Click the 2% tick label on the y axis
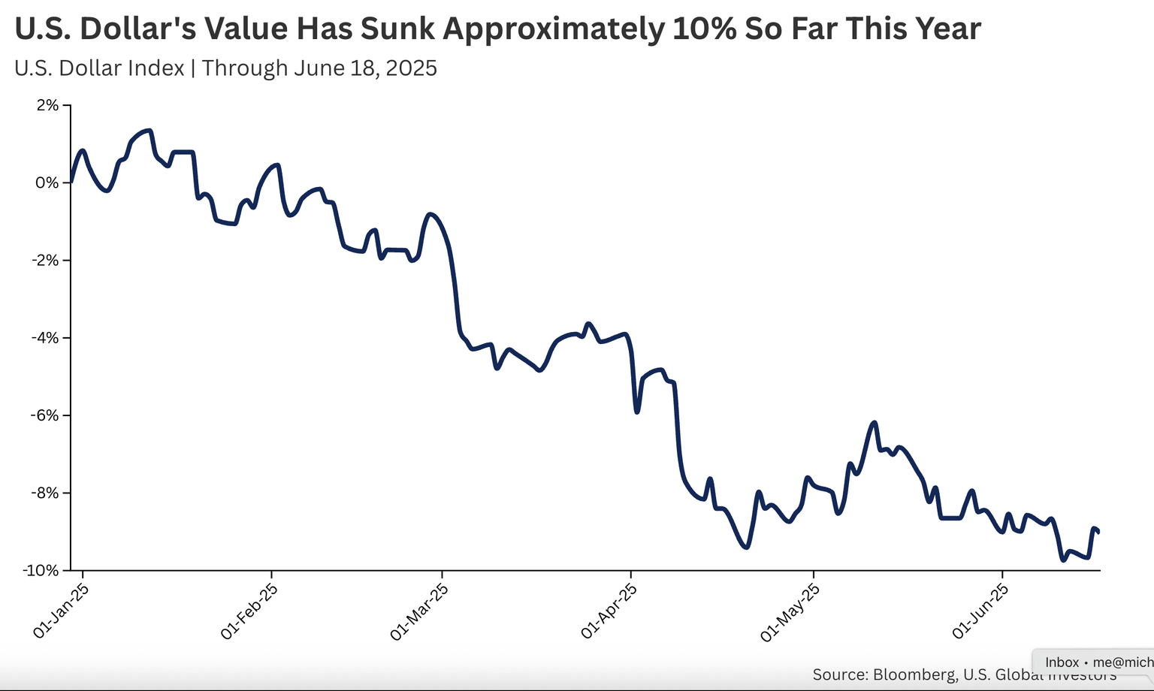(x=47, y=105)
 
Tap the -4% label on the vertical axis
(x=44, y=338)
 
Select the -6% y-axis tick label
(x=44, y=415)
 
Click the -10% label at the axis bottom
(x=41, y=571)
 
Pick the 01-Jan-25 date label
(x=62, y=611)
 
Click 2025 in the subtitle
(x=412, y=68)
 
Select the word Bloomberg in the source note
(x=916, y=674)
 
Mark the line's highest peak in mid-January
(x=150, y=131)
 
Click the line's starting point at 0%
(x=71, y=182)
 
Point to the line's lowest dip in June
(x=1063, y=560)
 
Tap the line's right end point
(x=1098, y=532)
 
